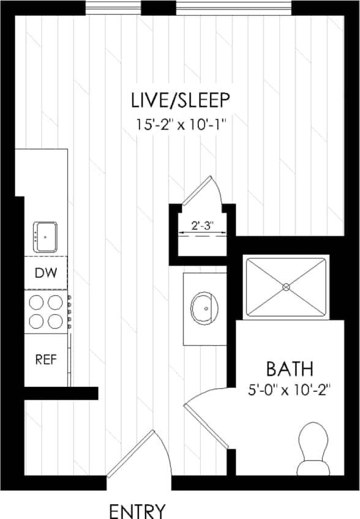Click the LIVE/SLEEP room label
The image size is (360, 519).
180,99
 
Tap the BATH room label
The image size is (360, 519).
290,369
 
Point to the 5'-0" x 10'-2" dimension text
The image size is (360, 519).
290,389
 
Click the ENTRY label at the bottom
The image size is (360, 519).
137,510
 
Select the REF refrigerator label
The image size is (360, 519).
46,359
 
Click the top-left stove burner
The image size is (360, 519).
37,302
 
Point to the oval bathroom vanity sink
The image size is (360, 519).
205,308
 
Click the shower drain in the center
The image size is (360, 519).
286,286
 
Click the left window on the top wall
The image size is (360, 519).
113,8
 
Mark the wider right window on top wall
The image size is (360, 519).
234,8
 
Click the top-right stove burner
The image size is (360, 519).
56,302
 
